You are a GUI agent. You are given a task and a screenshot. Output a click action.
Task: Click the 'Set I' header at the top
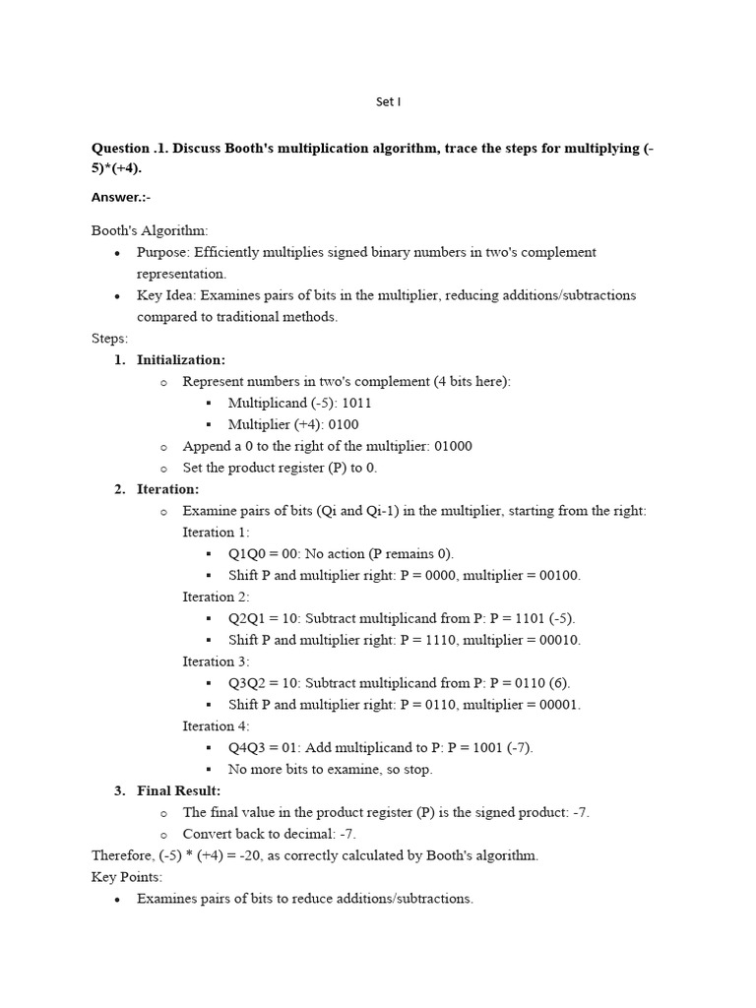[389, 101]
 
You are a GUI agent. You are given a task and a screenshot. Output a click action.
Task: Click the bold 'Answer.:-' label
[121, 197]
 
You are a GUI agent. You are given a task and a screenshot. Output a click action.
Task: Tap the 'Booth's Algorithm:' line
[150, 230]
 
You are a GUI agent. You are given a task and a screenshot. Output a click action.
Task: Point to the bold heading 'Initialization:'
[181, 360]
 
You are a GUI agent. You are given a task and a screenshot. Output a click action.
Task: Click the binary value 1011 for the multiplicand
[356, 404]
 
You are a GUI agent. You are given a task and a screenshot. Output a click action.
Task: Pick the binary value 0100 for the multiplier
[342, 425]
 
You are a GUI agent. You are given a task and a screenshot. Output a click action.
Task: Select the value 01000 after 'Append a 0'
[447, 446]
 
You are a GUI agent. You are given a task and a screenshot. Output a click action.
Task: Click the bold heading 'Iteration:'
[167, 489]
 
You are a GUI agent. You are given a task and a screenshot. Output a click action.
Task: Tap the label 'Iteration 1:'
[216, 533]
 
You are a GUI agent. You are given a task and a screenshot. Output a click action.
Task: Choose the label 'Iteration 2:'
[216, 597]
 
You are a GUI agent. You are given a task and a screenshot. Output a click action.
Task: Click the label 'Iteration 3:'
[216, 661]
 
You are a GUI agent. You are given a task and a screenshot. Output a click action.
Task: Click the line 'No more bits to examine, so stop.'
[330, 770]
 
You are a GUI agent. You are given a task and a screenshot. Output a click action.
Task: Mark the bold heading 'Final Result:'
[178, 791]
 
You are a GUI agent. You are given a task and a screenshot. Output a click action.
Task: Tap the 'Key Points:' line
[127, 877]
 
